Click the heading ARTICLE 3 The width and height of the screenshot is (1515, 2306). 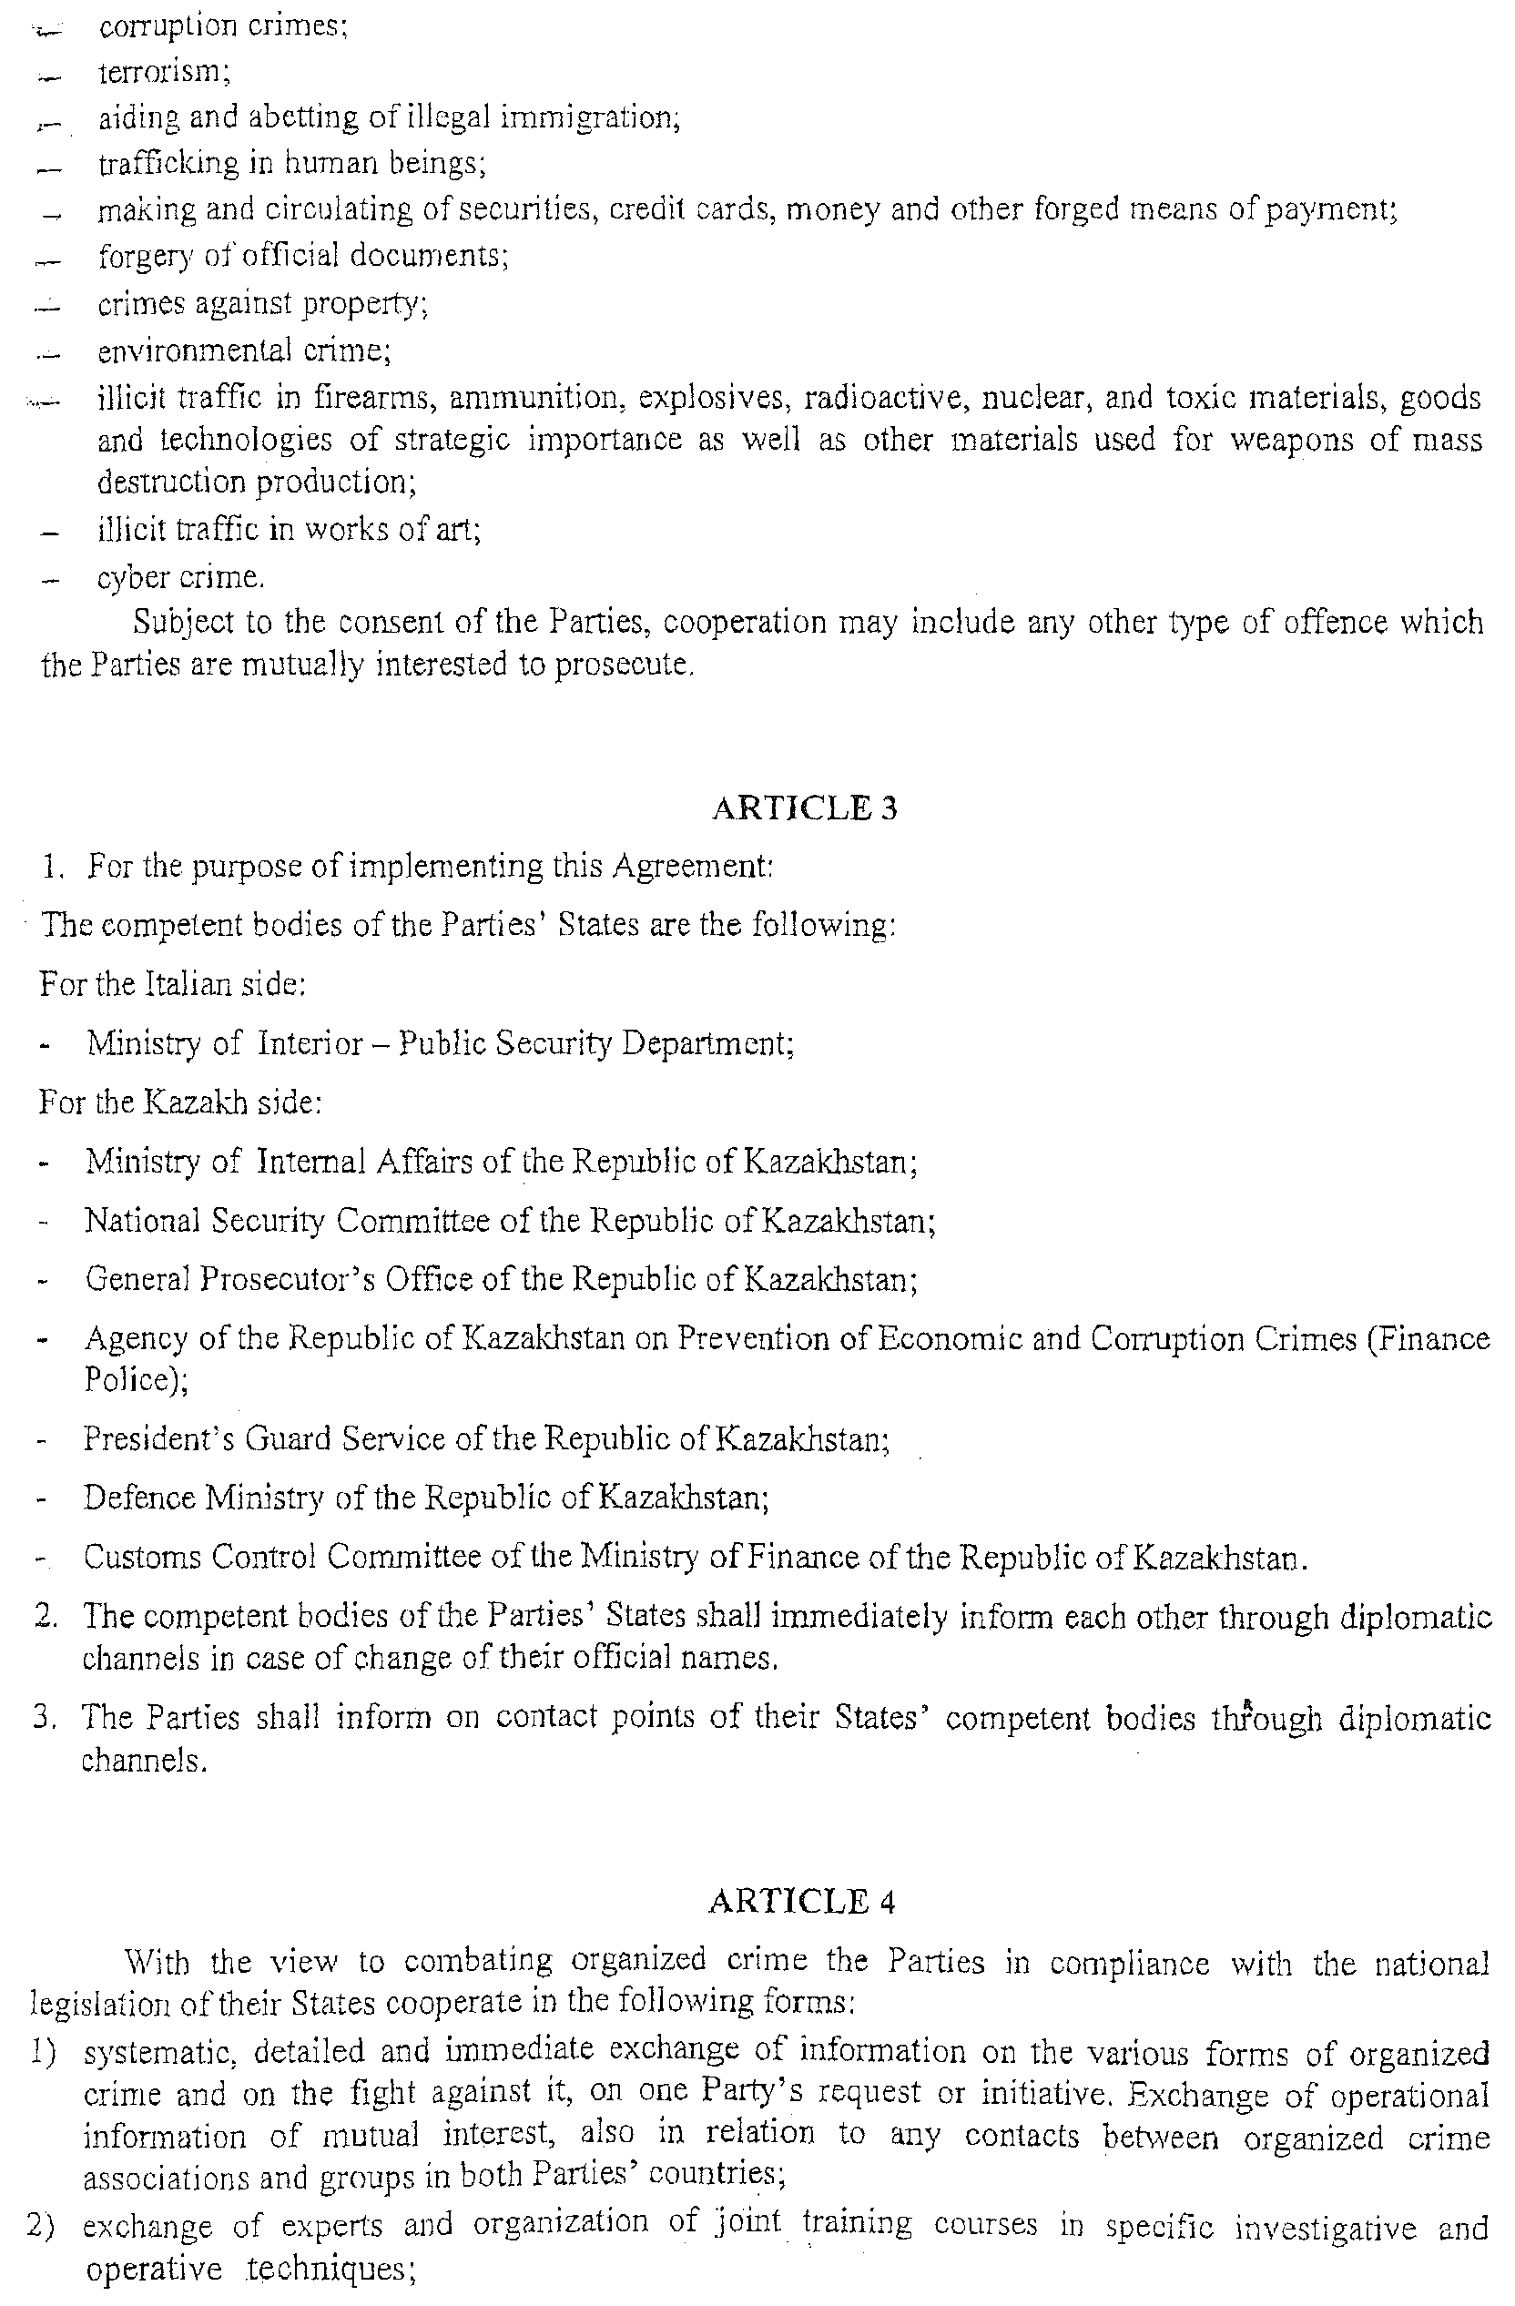[804, 808]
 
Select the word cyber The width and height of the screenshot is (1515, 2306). [134, 577]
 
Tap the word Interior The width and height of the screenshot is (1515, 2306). [310, 1043]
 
